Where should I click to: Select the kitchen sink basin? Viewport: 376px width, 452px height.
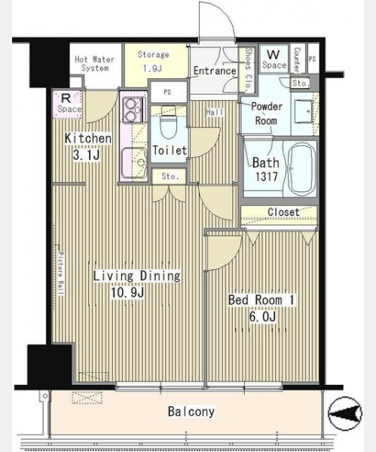tap(134, 162)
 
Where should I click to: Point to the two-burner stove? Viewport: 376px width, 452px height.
tap(133, 110)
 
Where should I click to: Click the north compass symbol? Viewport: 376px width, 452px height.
tap(345, 413)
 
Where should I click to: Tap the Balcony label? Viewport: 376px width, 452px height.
tap(191, 411)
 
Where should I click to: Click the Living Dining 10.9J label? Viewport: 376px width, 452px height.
tap(136, 284)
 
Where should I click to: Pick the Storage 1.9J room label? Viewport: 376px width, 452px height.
tap(153, 61)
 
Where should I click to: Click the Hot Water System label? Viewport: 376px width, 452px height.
tap(95, 64)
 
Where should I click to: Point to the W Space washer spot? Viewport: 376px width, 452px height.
tap(274, 59)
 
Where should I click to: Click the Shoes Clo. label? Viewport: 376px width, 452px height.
tap(248, 69)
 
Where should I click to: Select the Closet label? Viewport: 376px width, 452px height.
tap(284, 212)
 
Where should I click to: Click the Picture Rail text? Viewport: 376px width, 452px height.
tap(61, 273)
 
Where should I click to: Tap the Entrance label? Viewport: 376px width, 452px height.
tap(215, 71)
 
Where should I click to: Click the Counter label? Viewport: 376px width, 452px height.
tap(296, 60)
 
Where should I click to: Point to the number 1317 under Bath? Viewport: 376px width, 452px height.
tap(267, 176)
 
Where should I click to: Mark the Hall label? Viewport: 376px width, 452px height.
tap(215, 112)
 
